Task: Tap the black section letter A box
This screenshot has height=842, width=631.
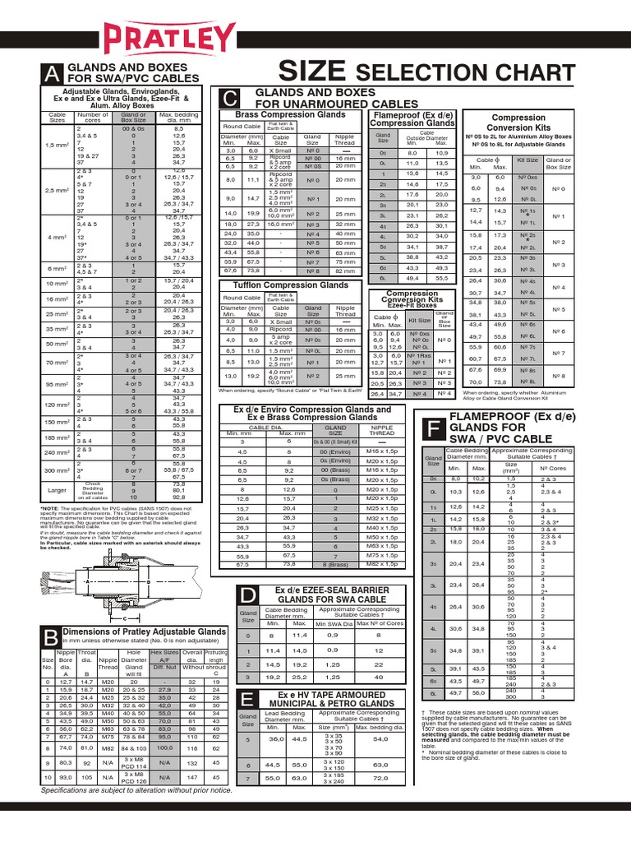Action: (x=53, y=75)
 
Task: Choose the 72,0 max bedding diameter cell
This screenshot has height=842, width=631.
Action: (x=380, y=776)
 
